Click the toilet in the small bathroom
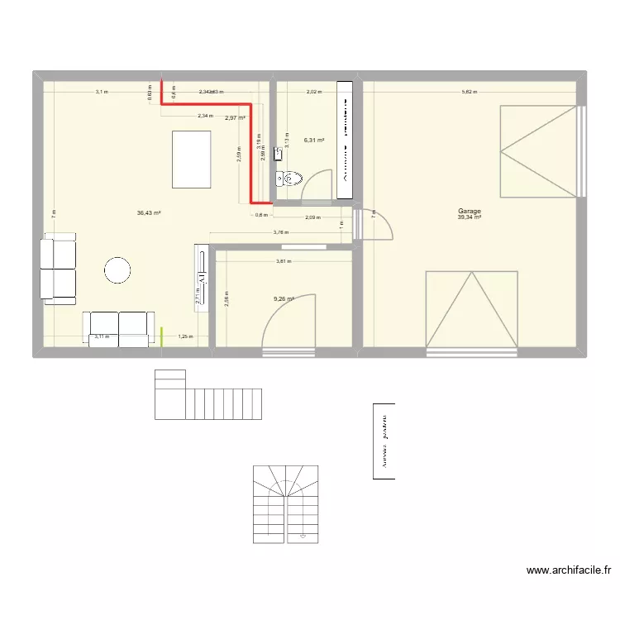(x=291, y=177)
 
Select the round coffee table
(x=117, y=269)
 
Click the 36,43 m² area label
(x=149, y=212)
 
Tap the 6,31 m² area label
(x=314, y=141)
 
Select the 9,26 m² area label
(x=284, y=299)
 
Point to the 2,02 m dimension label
(x=314, y=92)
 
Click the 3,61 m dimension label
(x=284, y=261)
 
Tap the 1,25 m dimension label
(x=186, y=336)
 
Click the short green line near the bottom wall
(x=161, y=336)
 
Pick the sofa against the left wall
(x=57, y=269)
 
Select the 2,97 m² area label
(x=235, y=118)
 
